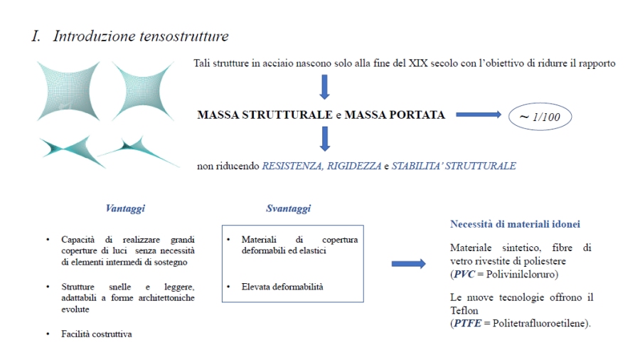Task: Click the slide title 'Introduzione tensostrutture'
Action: [x=140, y=36]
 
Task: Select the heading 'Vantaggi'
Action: [x=125, y=208]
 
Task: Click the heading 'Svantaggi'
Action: [x=288, y=208]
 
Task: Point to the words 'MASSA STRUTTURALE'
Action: [x=265, y=115]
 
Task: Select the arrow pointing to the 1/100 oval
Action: [x=478, y=114]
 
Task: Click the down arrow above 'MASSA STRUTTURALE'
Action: [x=324, y=86]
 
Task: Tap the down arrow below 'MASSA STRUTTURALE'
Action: [x=324, y=138]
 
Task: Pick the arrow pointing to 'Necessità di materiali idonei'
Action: [x=408, y=264]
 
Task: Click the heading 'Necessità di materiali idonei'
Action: [x=516, y=224]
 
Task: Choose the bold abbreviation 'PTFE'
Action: [x=467, y=323]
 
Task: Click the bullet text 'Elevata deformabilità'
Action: [x=282, y=287]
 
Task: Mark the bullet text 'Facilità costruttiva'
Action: [x=97, y=333]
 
